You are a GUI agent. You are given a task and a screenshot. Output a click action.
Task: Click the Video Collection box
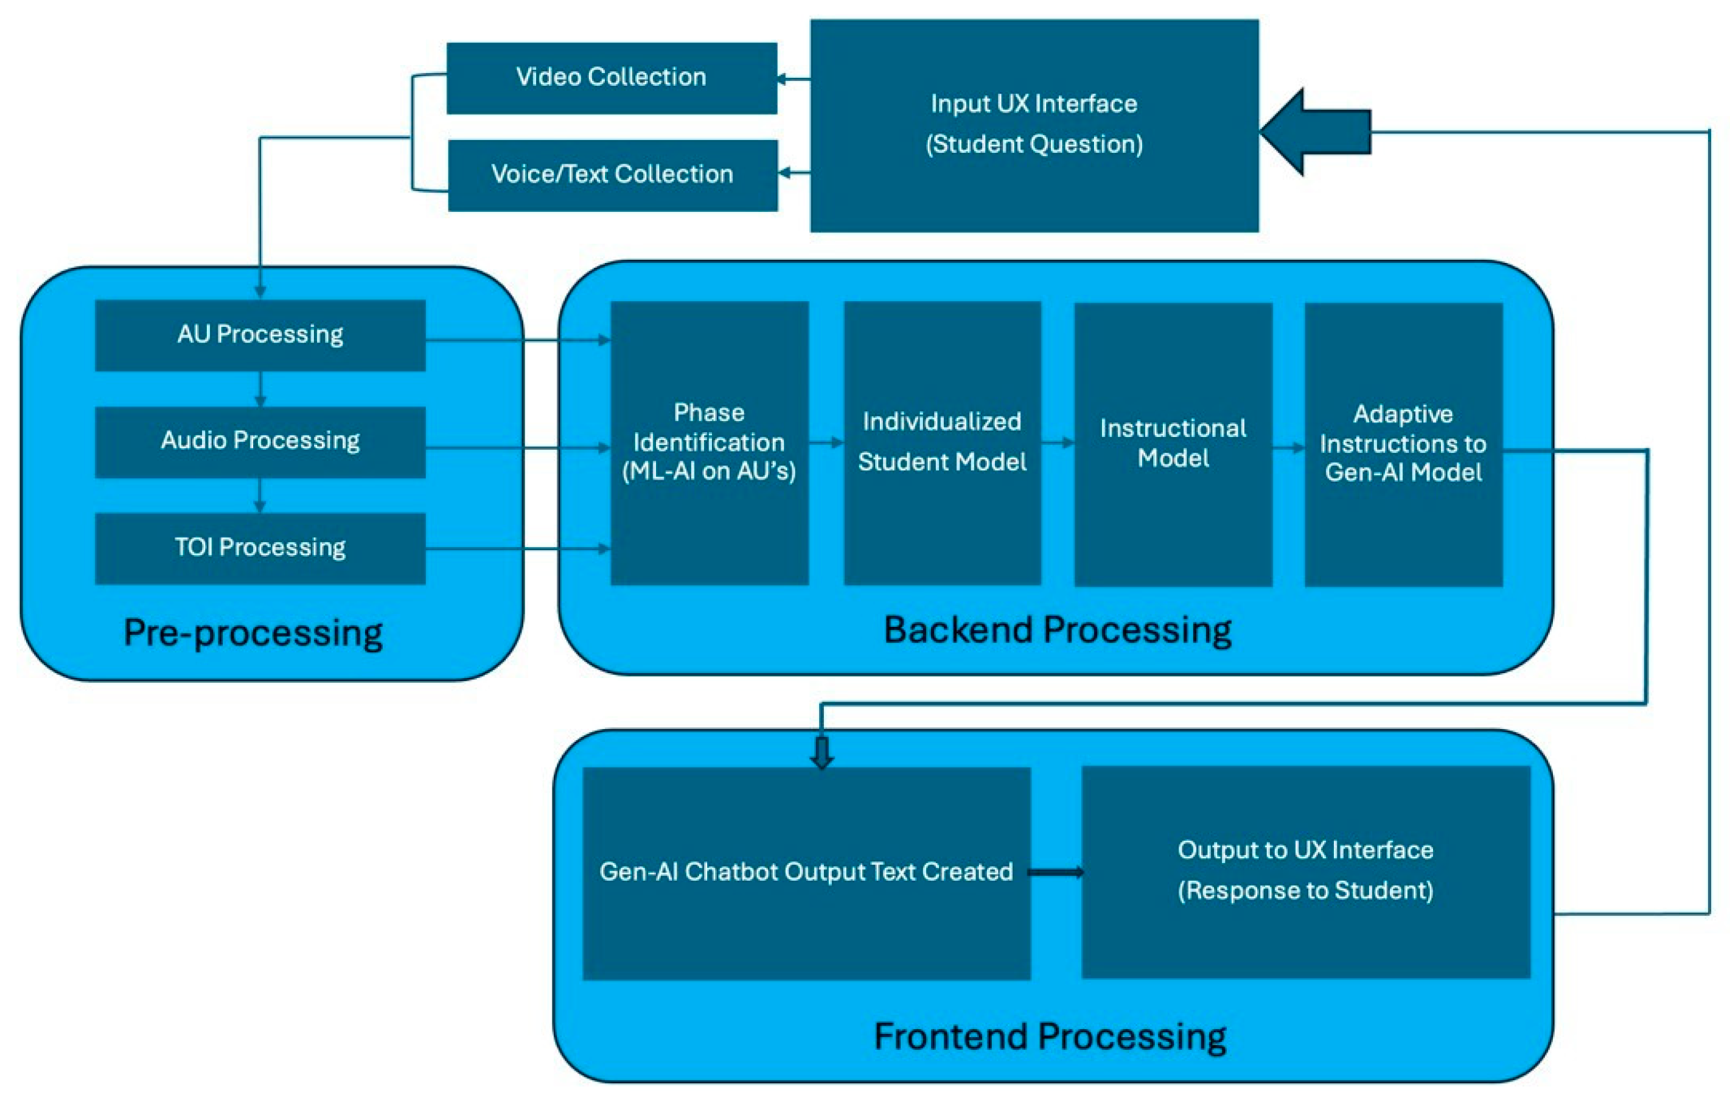pos(612,78)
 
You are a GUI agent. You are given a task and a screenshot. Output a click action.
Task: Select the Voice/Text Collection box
pos(612,175)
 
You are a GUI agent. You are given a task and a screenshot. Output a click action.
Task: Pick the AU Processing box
pos(260,335)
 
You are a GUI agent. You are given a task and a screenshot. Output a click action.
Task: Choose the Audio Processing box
pos(260,441)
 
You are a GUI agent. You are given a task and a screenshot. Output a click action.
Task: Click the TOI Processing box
pos(260,548)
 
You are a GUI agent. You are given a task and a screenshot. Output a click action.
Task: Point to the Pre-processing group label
pos(253,633)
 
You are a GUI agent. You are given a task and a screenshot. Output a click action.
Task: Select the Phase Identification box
pos(709,442)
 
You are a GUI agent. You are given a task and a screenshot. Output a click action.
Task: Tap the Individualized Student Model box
pos(942,442)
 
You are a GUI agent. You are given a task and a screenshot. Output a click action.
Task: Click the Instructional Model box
pos(1173,444)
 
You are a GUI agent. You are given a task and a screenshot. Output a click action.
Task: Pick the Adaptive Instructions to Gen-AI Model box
pos(1403,444)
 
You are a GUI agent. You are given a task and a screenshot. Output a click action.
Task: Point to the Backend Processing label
pos(1057,631)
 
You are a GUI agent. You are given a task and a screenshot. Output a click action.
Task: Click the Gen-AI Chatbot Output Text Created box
pos(806,873)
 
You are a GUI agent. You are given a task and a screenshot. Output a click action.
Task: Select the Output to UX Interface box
pos(1305,871)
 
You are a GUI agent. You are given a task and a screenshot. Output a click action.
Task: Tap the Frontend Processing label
pos(1050,1036)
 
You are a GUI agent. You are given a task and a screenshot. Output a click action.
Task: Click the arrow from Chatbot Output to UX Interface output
pos(1056,873)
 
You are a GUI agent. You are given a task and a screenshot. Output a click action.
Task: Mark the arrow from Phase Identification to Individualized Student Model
pos(826,442)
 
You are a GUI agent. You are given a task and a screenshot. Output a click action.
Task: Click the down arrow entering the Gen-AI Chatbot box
pos(822,752)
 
